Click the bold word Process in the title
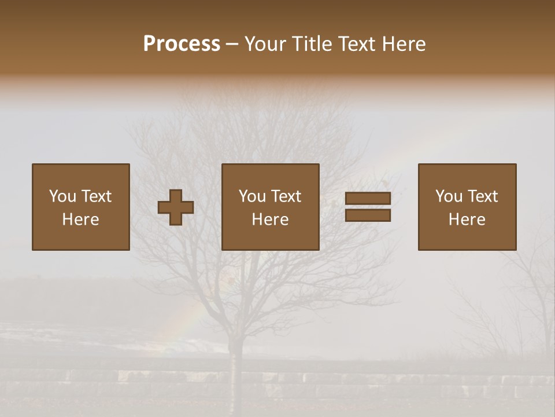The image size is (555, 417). pyautogui.click(x=182, y=44)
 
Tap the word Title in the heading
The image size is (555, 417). pyautogui.click(x=312, y=44)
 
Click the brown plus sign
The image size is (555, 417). pyautogui.click(x=176, y=207)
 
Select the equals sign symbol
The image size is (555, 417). pyautogui.click(x=368, y=207)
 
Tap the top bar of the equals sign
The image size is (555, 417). pyautogui.click(x=368, y=199)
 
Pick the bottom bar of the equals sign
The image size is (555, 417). pyautogui.click(x=368, y=215)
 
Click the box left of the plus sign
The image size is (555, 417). pyautogui.click(x=80, y=207)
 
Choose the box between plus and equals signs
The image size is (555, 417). pyautogui.click(x=270, y=207)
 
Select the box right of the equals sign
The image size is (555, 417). pyautogui.click(x=467, y=207)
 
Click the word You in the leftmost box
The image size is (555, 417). pyautogui.click(x=62, y=196)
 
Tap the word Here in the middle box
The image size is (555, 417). pyautogui.click(x=270, y=220)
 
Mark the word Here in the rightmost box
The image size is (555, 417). pyautogui.click(x=467, y=220)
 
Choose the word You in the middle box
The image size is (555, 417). pyautogui.click(x=252, y=196)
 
